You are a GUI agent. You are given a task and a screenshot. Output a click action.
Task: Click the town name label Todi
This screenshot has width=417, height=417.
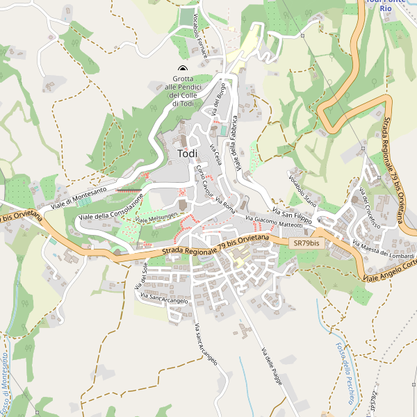(187, 154)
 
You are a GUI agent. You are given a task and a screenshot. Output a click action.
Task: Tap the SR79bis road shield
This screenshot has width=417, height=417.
(306, 243)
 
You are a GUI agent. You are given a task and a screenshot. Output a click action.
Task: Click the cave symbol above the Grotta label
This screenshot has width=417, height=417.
(183, 68)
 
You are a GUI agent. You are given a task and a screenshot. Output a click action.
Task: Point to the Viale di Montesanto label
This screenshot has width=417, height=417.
(74, 198)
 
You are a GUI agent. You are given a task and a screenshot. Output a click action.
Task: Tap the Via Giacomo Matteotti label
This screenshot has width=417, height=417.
(274, 222)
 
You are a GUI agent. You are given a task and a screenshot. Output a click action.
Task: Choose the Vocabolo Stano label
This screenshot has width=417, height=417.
(302, 193)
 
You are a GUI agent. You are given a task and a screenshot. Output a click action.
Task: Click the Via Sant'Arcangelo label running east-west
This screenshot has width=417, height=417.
(164, 300)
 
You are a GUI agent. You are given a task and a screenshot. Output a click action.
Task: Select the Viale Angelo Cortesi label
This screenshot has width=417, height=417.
(389, 270)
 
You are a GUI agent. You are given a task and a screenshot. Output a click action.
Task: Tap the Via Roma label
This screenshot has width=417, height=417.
(225, 205)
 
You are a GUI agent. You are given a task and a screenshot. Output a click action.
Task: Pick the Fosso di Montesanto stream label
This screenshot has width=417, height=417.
(5, 382)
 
